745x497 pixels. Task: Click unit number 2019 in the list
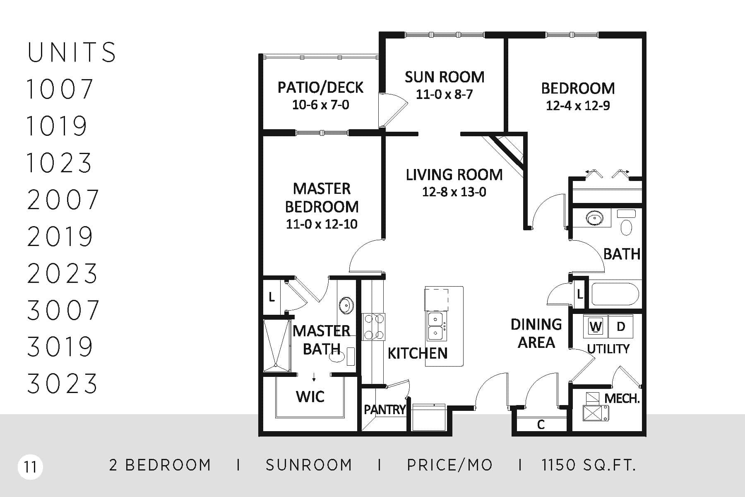(60, 236)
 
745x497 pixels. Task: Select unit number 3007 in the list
(63, 310)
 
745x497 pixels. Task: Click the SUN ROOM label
(445, 77)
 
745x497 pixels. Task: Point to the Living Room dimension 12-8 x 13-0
(454, 192)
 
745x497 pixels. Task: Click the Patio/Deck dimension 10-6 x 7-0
(321, 105)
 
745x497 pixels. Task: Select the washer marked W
(596, 326)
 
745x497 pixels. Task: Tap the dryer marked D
(620, 326)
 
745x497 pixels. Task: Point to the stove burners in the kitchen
(373, 326)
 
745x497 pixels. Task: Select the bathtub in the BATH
(615, 294)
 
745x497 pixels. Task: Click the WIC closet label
(310, 397)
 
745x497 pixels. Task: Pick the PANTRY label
(385, 410)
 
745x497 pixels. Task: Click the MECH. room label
(622, 399)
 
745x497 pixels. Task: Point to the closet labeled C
(541, 425)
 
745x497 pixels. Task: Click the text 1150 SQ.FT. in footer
(589, 465)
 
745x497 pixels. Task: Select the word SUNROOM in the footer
(309, 465)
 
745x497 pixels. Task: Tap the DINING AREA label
(536, 333)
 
